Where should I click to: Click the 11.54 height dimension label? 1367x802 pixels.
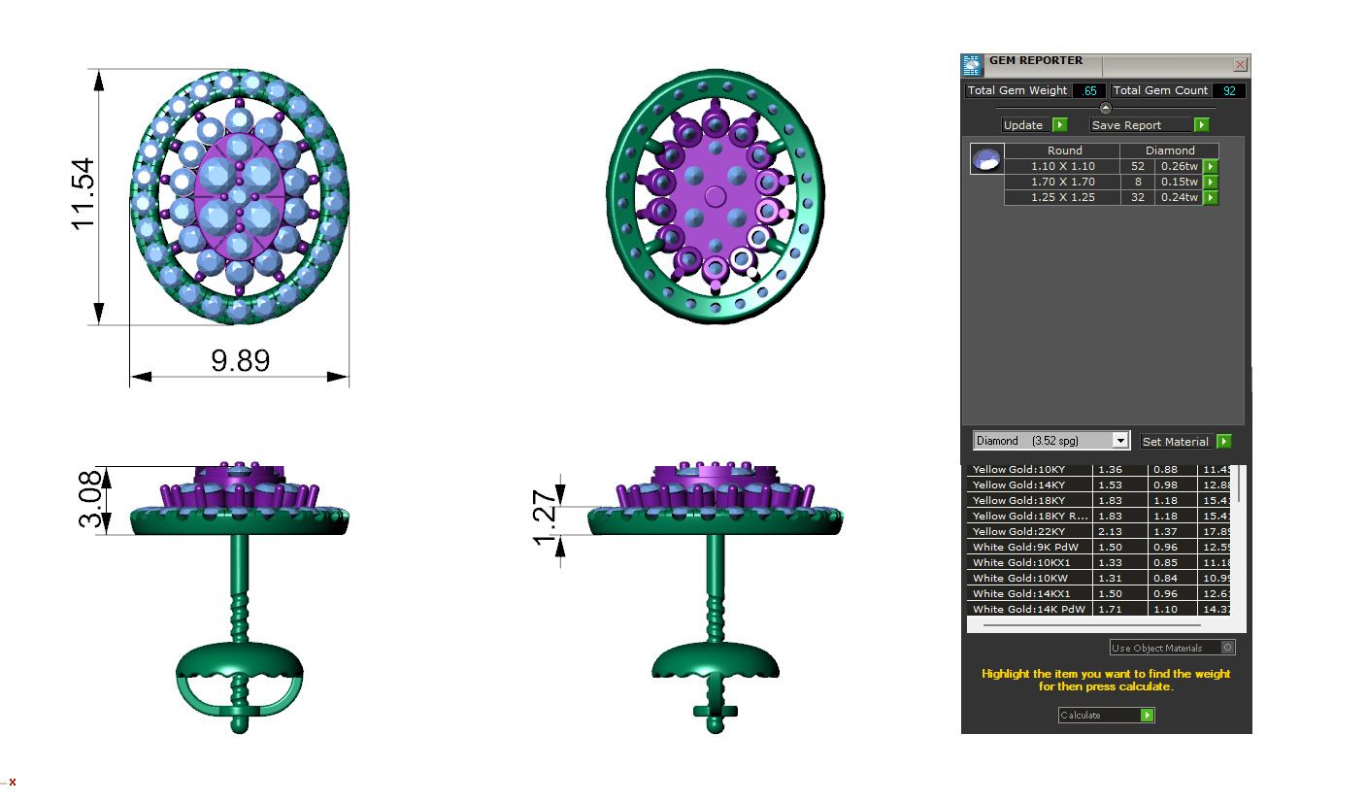click(83, 193)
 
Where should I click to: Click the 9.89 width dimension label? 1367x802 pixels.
click(240, 360)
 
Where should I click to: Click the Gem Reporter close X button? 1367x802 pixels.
click(1240, 65)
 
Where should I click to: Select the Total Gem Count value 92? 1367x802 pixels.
click(1230, 90)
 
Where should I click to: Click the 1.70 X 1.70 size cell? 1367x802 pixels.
click(1062, 182)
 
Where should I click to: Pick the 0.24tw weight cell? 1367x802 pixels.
click(1178, 197)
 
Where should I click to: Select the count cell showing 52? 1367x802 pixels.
click(1137, 166)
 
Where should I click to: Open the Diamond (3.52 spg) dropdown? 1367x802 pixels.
click(1051, 441)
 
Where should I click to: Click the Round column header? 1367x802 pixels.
click(1064, 150)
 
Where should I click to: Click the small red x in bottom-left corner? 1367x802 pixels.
click(13, 782)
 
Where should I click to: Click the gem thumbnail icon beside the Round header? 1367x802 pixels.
click(986, 158)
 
